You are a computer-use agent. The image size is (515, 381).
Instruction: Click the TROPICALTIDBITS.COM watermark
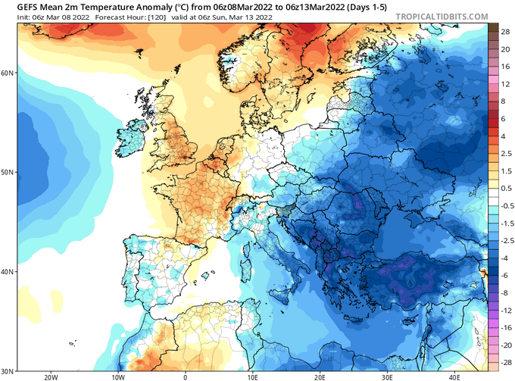pyautogui.click(x=442, y=17)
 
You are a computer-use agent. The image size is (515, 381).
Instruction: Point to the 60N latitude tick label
pyautogui.click(x=7, y=73)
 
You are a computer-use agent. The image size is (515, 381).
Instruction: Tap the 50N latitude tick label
pyautogui.click(x=7, y=172)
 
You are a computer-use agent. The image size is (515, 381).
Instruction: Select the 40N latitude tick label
pyautogui.click(x=7, y=272)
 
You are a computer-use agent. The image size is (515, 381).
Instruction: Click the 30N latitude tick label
pyautogui.click(x=7, y=371)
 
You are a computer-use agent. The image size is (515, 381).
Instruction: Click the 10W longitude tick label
pyautogui.click(x=118, y=376)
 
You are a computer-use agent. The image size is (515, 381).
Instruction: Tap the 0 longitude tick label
pyautogui.click(x=186, y=376)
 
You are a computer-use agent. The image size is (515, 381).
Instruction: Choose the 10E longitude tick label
pyautogui.click(x=252, y=376)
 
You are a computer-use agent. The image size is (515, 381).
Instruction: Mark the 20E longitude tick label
pyautogui.click(x=320, y=376)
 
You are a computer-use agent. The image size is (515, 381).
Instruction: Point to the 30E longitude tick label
pyautogui.click(x=387, y=376)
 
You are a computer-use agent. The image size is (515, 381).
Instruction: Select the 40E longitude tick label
pyautogui.click(x=454, y=376)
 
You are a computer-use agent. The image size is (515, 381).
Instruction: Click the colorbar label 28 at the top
pyautogui.click(x=505, y=32)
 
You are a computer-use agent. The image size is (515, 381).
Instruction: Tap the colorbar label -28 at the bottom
pyautogui.click(x=505, y=363)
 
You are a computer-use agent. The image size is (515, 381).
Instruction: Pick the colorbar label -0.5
pyautogui.click(x=506, y=206)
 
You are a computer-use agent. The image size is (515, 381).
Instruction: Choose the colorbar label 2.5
pyautogui.click(x=507, y=154)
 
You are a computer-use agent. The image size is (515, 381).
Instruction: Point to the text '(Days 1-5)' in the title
pyautogui.click(x=367, y=8)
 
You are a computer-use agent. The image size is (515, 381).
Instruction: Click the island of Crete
pyautogui.click(x=354, y=319)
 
